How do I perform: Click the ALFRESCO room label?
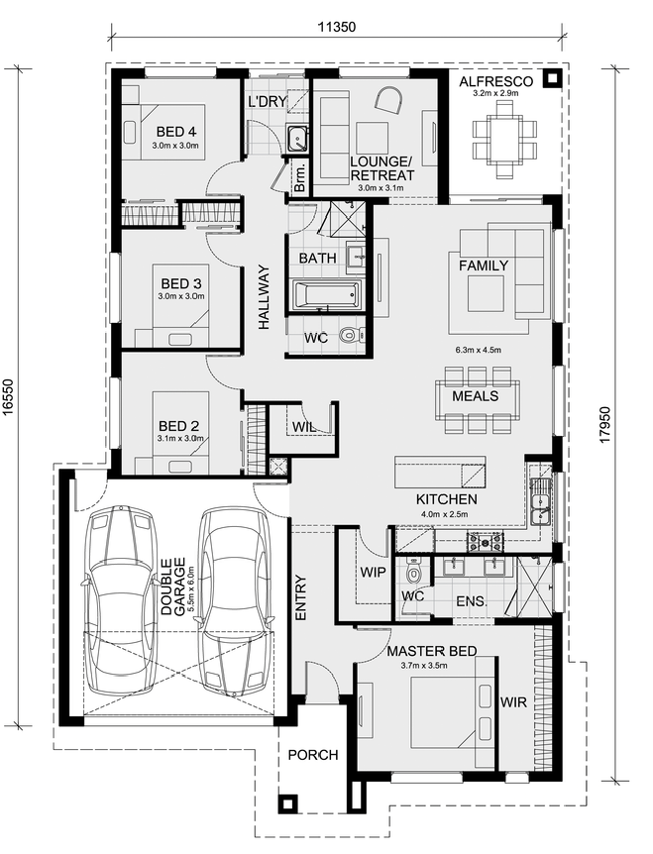tap(495, 81)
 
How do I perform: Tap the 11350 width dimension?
tap(337, 27)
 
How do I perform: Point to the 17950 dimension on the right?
tap(605, 425)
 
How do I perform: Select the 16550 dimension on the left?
tap(8, 398)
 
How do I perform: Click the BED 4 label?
tap(176, 131)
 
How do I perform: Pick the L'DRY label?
tap(267, 101)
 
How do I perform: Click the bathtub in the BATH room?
tap(326, 294)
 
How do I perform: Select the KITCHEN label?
tap(447, 499)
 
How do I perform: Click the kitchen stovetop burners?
tap(485, 541)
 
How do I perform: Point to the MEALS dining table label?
tap(475, 396)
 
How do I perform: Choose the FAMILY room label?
tap(484, 266)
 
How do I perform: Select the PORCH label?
tap(312, 755)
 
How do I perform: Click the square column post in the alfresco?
tap(552, 78)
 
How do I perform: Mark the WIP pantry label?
tap(373, 573)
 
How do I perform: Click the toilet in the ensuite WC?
tap(414, 572)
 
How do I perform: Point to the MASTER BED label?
tap(432, 651)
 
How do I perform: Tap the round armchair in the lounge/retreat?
tap(388, 100)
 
